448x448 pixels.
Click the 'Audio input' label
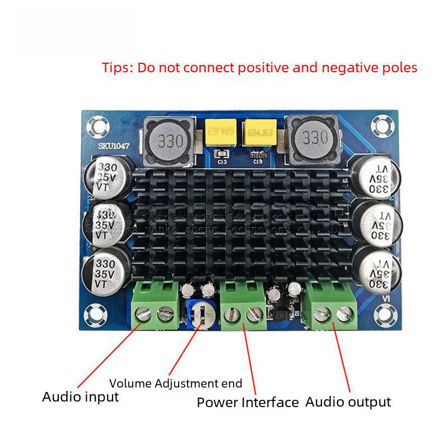(x=81, y=397)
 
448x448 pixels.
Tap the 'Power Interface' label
(x=248, y=402)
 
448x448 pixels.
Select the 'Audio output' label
(x=348, y=402)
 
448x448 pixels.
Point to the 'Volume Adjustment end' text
(x=176, y=384)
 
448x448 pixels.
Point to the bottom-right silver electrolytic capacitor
(x=378, y=270)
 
